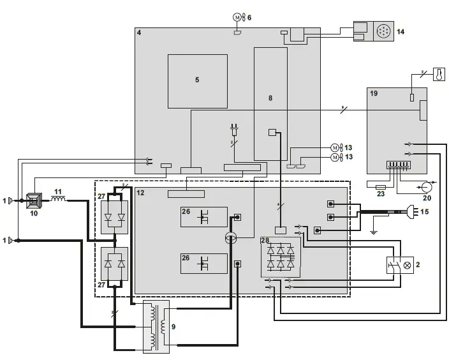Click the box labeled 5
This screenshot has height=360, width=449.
coord(197,81)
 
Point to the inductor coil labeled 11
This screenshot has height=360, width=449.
coord(59,200)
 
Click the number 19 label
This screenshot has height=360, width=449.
coord(374,93)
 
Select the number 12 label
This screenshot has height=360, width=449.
coord(141,192)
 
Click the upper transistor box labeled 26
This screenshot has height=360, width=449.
coord(204,217)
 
